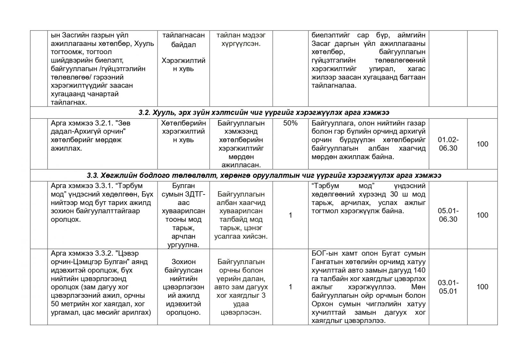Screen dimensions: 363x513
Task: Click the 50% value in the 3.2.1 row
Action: tap(290, 123)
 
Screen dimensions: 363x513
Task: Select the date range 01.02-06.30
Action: tap(448, 144)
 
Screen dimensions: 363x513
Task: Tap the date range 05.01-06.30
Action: tap(448, 215)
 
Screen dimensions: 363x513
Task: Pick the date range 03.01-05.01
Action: tap(448, 287)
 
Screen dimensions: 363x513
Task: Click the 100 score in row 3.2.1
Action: tap(482, 144)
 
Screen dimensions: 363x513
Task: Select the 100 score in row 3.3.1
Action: tap(482, 215)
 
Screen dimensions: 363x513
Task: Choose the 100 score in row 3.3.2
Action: tap(482, 287)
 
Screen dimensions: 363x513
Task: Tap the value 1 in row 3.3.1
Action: tap(290, 215)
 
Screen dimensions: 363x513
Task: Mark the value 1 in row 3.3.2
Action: tap(290, 287)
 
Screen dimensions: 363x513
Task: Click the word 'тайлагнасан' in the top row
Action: tap(183, 35)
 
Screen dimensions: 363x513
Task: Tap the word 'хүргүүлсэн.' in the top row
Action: tap(241, 44)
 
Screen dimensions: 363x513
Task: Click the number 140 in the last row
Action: tap(419, 270)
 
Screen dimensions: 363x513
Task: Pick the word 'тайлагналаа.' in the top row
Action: tap(334, 86)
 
